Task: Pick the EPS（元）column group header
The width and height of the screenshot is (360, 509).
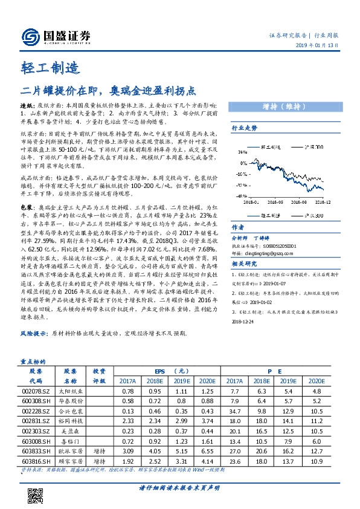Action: (x=167, y=371)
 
